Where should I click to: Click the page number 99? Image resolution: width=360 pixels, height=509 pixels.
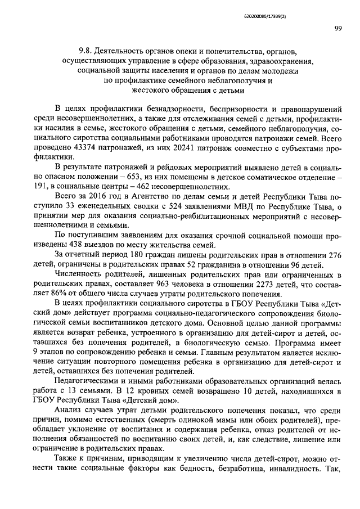tap(337, 29)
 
